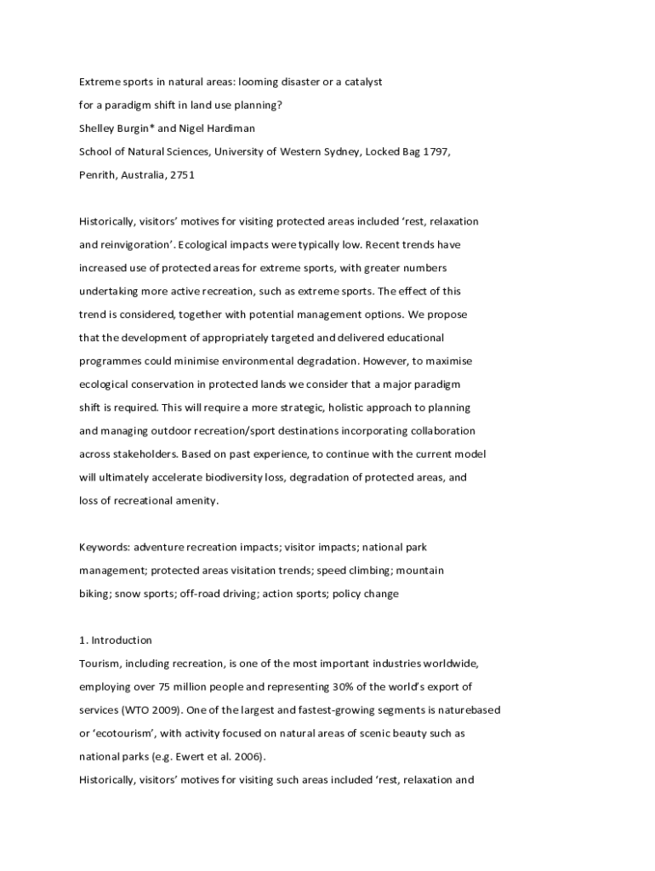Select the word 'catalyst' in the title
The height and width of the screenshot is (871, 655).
tap(361, 83)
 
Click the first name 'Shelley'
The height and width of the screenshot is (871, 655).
tap(99, 128)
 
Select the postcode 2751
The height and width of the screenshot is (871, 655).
tap(182, 174)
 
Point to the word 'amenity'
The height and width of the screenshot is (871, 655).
tap(196, 501)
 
